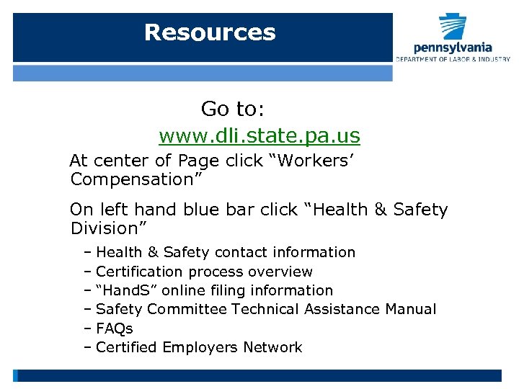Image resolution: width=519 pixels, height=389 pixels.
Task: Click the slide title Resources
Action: [x=210, y=32]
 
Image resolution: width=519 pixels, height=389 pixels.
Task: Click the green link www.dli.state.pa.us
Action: [x=259, y=135]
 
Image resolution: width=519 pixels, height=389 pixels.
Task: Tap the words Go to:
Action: [x=233, y=109]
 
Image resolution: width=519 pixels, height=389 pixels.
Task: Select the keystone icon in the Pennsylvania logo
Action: [x=453, y=27]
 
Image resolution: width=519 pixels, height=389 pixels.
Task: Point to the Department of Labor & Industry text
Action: [x=453, y=59]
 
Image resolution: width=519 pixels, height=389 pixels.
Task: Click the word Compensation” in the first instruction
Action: [x=136, y=179]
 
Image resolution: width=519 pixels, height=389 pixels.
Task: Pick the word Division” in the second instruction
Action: [x=109, y=228]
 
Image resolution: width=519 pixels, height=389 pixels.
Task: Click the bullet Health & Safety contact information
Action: [x=225, y=252]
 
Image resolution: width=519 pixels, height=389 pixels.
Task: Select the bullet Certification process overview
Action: [x=204, y=272]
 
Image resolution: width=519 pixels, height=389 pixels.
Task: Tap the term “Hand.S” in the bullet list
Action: [x=121, y=290]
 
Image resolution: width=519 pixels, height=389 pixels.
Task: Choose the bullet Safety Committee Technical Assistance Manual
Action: [x=265, y=309]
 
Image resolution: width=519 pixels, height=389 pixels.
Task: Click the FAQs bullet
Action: [x=114, y=328]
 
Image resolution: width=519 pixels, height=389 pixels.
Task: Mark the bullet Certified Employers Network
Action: [x=198, y=347]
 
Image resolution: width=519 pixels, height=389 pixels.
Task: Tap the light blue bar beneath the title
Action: [x=203, y=73]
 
